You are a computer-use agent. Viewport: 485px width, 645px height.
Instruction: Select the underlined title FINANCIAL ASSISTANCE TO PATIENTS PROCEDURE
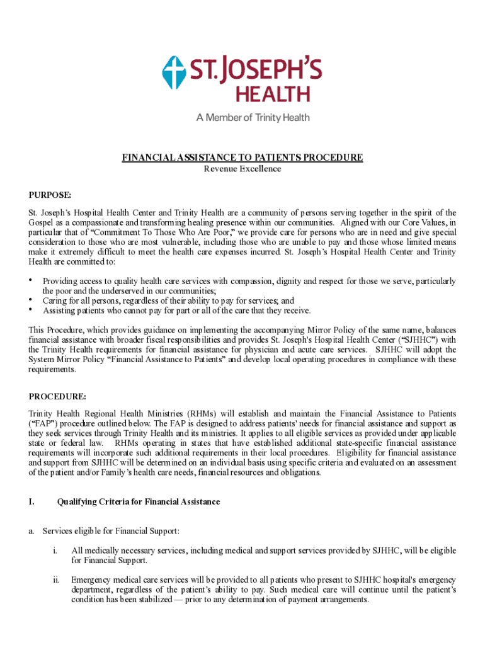243,157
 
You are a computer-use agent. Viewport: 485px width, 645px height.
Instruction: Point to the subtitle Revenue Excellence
243,169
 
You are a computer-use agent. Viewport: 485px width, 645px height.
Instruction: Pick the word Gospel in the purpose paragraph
43,224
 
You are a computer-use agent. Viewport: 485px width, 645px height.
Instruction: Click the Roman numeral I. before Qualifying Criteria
31,502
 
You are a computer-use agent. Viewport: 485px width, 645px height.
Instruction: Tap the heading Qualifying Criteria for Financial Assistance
139,502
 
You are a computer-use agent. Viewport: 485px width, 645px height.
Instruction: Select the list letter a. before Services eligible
31,531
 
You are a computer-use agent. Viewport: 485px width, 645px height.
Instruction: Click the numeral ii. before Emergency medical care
57,579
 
